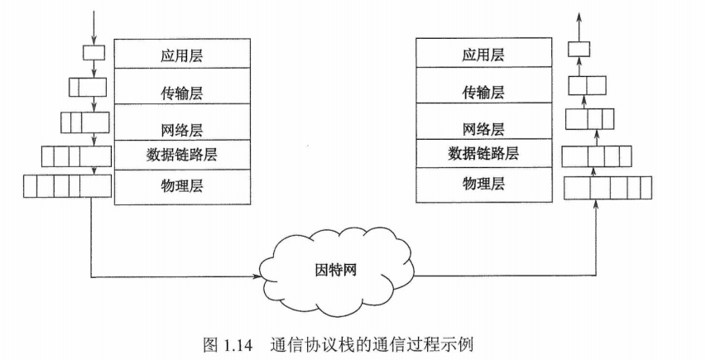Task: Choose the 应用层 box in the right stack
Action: point(483,55)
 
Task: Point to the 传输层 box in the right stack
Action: point(483,92)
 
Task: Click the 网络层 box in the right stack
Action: point(483,129)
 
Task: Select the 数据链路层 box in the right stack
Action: point(483,153)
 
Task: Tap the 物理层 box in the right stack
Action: point(483,184)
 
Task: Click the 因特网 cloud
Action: point(336,271)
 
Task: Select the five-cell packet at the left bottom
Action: point(67,186)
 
